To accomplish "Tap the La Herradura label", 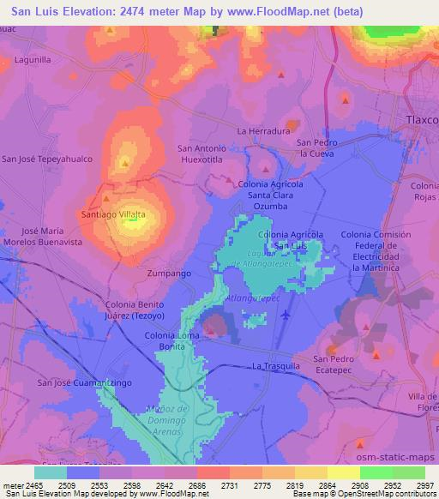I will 260,130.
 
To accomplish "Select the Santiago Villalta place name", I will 112,213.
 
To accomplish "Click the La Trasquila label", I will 275,365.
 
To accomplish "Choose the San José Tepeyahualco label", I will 46,159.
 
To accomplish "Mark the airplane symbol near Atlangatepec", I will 286,313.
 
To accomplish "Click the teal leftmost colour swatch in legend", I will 50,472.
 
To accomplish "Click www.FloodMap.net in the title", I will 272,12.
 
